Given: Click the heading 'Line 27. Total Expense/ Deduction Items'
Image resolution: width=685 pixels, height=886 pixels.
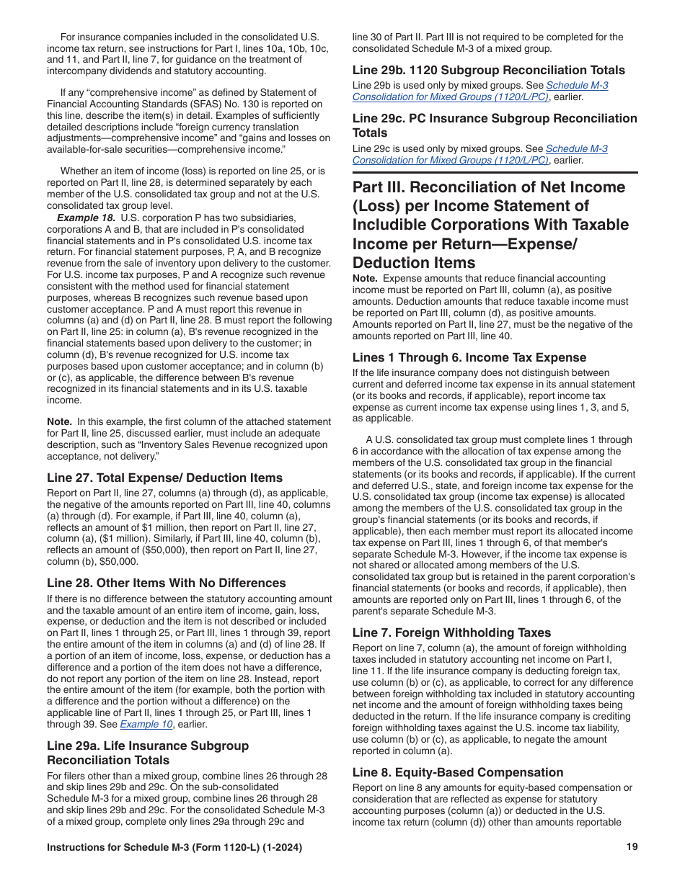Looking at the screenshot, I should pyautogui.click(x=164, y=478).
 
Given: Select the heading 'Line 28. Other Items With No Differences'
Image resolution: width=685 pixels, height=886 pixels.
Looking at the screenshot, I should pyautogui.click(x=166, y=583).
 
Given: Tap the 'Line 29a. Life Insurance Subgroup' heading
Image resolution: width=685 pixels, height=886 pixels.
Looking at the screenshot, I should pyautogui.click(x=147, y=746).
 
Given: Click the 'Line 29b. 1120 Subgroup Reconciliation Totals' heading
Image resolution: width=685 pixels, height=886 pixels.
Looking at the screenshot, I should pyautogui.click(x=488, y=70).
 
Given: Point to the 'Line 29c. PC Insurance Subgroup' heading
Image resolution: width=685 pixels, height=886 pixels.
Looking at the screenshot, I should pyautogui.click(x=495, y=118).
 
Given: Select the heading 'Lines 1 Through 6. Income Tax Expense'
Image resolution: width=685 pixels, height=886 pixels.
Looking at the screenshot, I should pyautogui.click(x=469, y=357).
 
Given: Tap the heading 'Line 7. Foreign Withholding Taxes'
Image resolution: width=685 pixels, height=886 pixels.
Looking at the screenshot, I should pyautogui.click(x=451, y=632).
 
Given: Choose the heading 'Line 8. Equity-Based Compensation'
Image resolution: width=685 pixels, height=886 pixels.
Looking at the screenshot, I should pyautogui.click(x=458, y=772).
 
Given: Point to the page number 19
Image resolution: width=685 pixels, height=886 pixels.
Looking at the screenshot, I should pyautogui.click(x=632, y=847).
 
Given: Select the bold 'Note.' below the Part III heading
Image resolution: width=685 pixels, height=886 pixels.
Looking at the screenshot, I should pyautogui.click(x=365, y=278).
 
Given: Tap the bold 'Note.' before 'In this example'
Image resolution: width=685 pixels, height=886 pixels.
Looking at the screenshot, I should pyautogui.click(x=59, y=421).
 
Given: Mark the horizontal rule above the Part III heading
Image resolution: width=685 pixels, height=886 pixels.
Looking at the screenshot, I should pyautogui.click(x=495, y=173).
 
